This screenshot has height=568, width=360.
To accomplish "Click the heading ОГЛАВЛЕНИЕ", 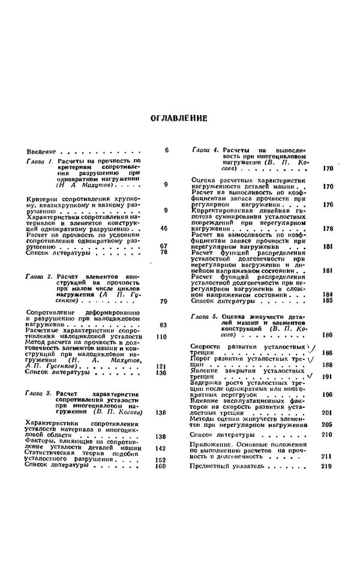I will coord(179,118).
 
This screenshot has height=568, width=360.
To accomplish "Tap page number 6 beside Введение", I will coord(166,150).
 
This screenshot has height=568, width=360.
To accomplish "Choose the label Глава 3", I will coord(40,393).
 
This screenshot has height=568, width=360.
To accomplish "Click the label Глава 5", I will coord(205,316).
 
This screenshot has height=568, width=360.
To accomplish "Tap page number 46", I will coord(164,228).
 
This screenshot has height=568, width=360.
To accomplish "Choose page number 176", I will coord(327,205).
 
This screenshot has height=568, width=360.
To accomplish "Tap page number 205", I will coord(327,424).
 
